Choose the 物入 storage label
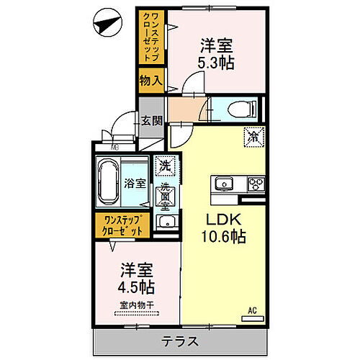tap(150, 81)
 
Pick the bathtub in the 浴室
tap(109, 183)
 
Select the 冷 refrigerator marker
tap(253, 134)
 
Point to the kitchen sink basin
tap(222, 183)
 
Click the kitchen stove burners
tap(255, 183)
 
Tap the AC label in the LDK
tap(252, 311)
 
